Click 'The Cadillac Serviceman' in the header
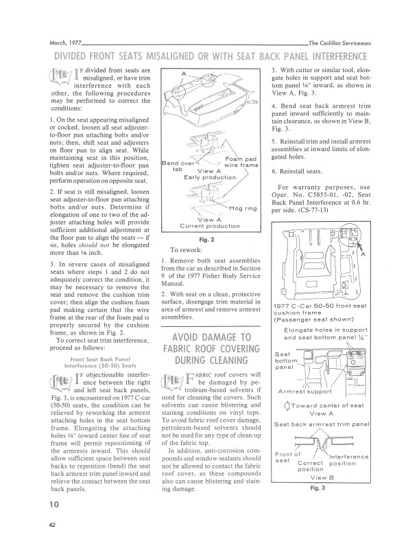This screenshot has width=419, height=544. [340, 42]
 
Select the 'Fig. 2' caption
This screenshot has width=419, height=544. [207, 238]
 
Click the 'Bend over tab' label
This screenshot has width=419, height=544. [176, 166]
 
